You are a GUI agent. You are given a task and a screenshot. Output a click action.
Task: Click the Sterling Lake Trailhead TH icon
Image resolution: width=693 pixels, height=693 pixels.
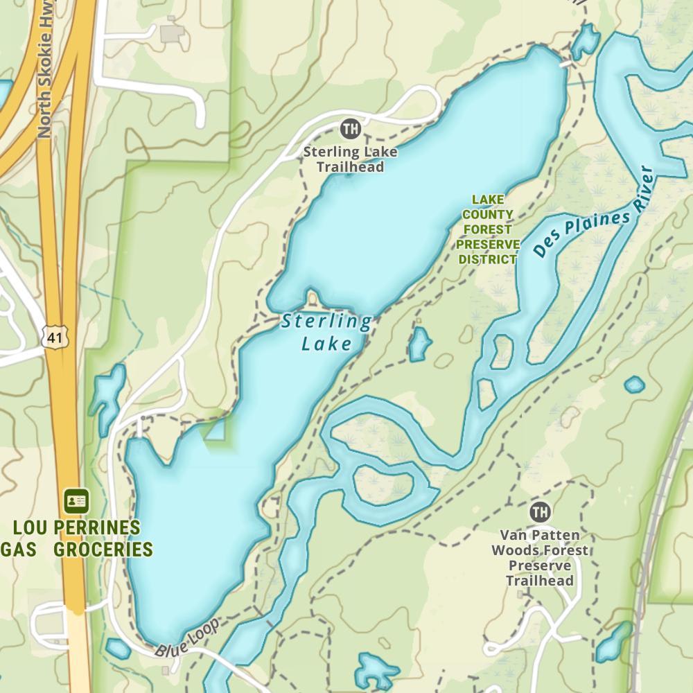351,128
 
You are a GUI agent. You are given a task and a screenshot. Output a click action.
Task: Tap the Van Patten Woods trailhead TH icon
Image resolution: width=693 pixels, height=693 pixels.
539,513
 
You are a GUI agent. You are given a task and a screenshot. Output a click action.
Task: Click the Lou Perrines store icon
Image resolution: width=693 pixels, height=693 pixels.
76,500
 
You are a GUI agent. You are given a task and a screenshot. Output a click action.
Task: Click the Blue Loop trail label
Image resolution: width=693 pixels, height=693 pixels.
186,639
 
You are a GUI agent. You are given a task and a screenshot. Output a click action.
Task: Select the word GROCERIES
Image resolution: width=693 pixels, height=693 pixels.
103,550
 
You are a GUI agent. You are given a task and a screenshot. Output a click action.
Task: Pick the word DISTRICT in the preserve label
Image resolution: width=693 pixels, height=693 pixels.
488,260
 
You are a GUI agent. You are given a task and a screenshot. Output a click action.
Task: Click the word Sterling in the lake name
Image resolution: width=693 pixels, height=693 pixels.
326,322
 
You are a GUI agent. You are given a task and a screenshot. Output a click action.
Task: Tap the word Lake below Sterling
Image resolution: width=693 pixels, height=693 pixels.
326,344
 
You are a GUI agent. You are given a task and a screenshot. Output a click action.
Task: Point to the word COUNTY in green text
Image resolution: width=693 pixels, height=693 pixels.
488,215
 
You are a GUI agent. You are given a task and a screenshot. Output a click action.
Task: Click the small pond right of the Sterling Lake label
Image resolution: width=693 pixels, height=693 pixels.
419,344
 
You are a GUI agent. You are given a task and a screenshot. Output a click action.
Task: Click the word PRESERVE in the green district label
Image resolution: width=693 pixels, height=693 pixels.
488,245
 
